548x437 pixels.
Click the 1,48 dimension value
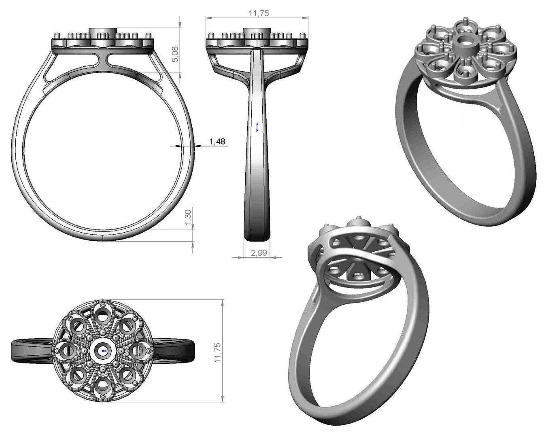click(217, 141)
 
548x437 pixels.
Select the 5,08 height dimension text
click(175, 54)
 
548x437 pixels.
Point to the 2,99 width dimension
click(259, 253)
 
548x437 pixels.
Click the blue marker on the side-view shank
click(257, 127)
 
